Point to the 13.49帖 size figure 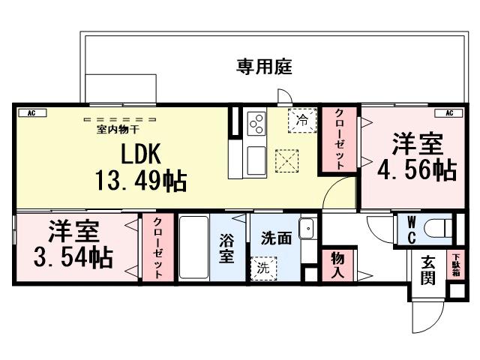point(140,181)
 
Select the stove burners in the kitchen point(255,123)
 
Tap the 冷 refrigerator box point(302,119)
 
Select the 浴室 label point(226,248)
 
